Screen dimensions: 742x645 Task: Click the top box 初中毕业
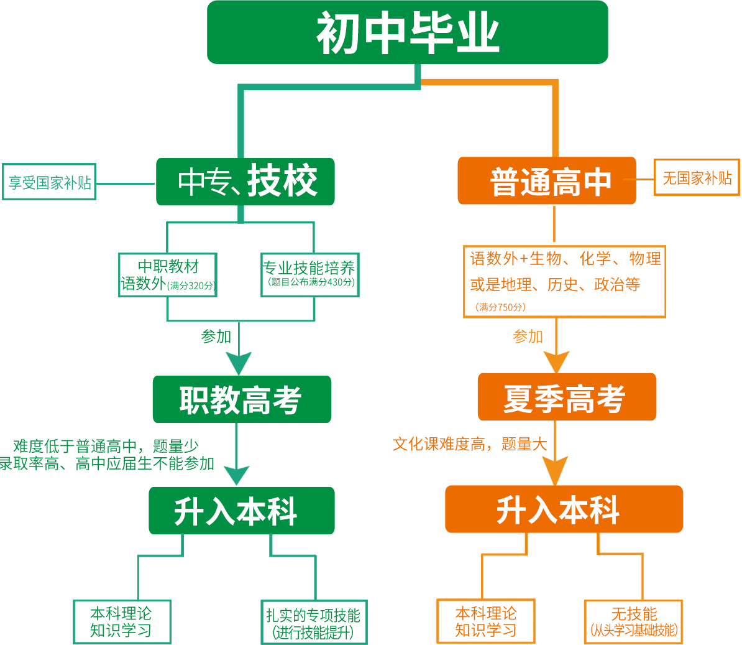click(408, 32)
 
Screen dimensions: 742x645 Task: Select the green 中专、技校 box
click(245, 182)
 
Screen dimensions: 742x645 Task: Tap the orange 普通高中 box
click(547, 180)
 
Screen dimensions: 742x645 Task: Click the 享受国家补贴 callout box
click(49, 182)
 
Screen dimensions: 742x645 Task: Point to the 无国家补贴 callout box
click(697, 177)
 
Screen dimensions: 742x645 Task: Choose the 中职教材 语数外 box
click(168, 275)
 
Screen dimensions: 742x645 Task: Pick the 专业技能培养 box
click(310, 275)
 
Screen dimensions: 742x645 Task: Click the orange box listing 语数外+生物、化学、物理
click(564, 281)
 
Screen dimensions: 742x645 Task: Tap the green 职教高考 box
click(242, 399)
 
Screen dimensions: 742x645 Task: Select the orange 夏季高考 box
click(567, 397)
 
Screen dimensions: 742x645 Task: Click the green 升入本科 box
click(241, 511)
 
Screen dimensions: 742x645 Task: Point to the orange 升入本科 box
click(564, 509)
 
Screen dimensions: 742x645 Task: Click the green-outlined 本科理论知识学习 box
click(122, 622)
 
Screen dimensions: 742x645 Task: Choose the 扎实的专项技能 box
click(314, 622)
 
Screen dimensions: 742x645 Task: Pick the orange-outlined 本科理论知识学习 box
click(486, 621)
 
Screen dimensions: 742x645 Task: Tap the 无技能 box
click(634, 622)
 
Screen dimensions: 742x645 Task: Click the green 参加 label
click(216, 336)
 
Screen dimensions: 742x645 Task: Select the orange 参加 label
click(528, 336)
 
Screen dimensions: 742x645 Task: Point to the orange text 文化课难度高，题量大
click(470, 444)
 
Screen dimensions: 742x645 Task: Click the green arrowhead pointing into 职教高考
click(239, 363)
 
